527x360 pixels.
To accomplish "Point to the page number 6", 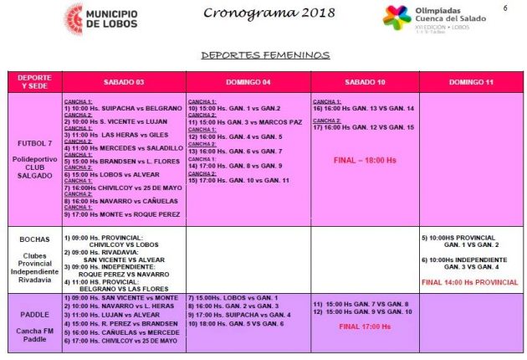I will tap(505, 8).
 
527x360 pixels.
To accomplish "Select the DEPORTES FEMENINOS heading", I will tap(265, 55).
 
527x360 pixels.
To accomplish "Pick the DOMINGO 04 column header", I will tap(248, 82).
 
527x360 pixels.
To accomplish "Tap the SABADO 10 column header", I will tap(365, 82).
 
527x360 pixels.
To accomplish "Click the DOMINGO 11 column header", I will tap(473, 82).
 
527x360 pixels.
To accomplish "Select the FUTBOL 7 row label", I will tap(34, 143).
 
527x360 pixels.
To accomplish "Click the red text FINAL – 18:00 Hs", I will tap(365, 159).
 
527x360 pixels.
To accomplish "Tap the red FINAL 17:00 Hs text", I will tap(362, 327).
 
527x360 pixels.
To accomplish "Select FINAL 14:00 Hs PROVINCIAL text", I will tap(470, 282).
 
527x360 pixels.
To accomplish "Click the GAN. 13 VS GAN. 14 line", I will tap(365, 108).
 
